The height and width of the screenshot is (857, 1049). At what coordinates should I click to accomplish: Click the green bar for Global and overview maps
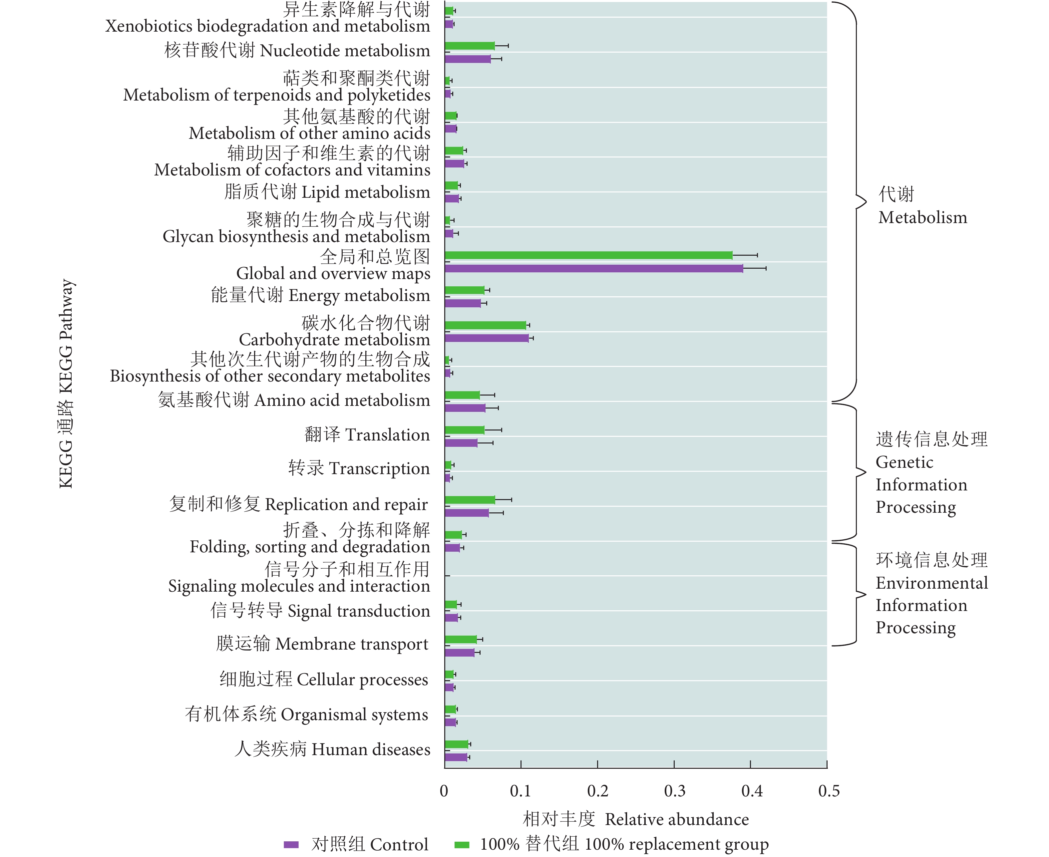[588, 255]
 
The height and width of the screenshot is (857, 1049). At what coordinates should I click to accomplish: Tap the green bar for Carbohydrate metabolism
[485, 325]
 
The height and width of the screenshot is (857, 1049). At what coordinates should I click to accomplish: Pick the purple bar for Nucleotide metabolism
[468, 59]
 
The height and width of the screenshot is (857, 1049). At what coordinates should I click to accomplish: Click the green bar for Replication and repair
[470, 500]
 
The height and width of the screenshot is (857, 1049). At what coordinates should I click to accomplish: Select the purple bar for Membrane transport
[459, 653]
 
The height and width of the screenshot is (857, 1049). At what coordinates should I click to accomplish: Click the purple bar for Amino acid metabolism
[465, 408]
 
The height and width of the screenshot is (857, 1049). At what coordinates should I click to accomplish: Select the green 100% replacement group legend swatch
[461, 845]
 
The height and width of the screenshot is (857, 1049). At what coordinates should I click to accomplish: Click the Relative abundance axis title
[636, 819]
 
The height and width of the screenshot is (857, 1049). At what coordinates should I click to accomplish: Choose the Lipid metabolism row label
[327, 192]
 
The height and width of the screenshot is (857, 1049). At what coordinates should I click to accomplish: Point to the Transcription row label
[359, 468]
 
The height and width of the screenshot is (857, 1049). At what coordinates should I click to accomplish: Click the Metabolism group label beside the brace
[922, 206]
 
